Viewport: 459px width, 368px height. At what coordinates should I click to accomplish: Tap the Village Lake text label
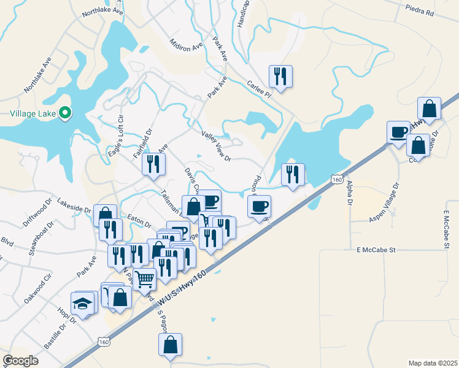[x=33, y=113]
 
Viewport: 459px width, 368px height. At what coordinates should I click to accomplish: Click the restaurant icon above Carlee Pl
[x=280, y=77]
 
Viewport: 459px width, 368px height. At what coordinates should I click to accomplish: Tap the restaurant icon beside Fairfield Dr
[x=153, y=164]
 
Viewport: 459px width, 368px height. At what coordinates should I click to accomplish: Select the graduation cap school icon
[x=82, y=303]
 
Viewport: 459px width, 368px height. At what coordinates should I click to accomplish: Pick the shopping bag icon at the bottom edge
[x=171, y=345]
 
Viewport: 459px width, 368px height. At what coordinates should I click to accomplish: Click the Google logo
[x=20, y=360]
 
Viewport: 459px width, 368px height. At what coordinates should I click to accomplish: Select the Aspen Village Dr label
[x=385, y=202]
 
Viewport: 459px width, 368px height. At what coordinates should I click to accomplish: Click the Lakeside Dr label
[x=74, y=205]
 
